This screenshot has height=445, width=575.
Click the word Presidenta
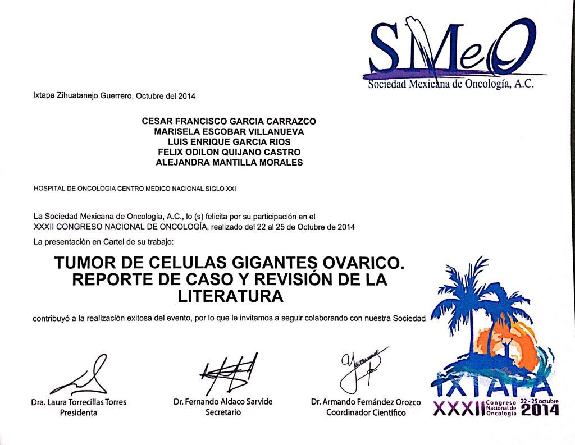79,412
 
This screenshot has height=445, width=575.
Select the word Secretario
223,412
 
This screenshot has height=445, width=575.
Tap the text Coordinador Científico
366,412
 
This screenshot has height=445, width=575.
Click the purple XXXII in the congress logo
459,410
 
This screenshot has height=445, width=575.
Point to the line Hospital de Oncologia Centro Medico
135,189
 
